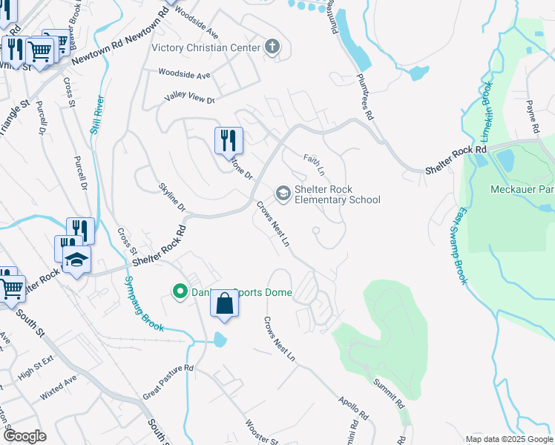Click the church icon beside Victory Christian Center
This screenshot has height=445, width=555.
pos(272,47)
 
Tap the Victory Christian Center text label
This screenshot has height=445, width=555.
pos(206,47)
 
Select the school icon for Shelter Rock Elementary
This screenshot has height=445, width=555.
pos(283,194)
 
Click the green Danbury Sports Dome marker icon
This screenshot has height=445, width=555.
pos(179,291)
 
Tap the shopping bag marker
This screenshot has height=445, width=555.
pos(225,304)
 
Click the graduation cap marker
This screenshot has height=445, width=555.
pos(76,259)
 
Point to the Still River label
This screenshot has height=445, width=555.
pos(96,114)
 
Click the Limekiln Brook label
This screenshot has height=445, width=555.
pos(486,111)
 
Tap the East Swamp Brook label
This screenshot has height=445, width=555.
pos(461,245)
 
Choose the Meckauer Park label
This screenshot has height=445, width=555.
pos(522,189)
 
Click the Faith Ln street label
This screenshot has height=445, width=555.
pos(314,165)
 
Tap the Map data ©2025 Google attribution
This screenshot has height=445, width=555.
pos(508,439)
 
